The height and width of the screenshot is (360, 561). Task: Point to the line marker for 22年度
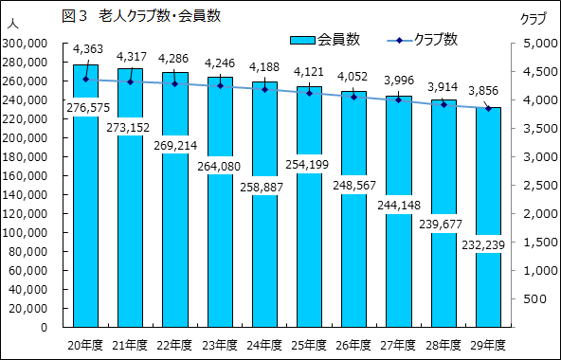(175, 83)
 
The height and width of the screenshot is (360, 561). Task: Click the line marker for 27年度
(398, 99)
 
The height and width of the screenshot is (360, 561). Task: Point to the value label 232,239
(487, 244)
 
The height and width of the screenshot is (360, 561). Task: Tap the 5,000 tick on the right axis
(534, 44)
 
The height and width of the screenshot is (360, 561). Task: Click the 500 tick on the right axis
(538, 298)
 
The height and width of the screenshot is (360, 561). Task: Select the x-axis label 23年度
(220, 343)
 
